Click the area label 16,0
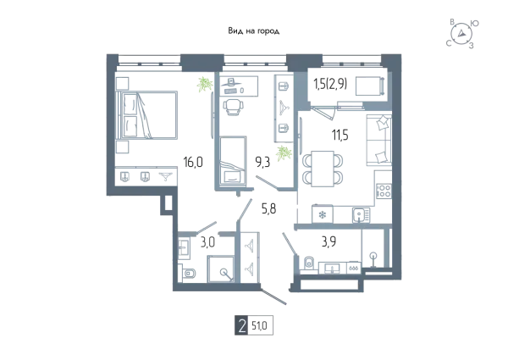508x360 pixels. pos(193,162)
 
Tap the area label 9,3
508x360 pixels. pos(262,162)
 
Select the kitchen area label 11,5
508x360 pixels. pos(340,135)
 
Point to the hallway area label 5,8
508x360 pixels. pos(269,208)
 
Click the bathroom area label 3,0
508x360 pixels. pos(207,242)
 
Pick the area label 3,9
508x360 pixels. pos(329,241)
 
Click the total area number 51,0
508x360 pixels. pos(260,325)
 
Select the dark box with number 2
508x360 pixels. pos(241,325)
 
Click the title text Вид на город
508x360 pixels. pos(254,31)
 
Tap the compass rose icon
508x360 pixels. pos(461,33)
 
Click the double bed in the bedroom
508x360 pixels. pos(149,115)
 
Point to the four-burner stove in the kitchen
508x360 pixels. pos(384,191)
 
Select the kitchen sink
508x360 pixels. pos(361,215)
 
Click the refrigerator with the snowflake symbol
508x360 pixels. pos(323,214)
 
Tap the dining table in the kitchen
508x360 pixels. pos(323,169)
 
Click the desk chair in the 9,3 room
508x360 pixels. pos(232,107)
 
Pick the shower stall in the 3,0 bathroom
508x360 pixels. pos(221,269)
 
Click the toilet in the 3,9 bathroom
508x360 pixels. pos(309,263)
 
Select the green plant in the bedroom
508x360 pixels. pos(205,84)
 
